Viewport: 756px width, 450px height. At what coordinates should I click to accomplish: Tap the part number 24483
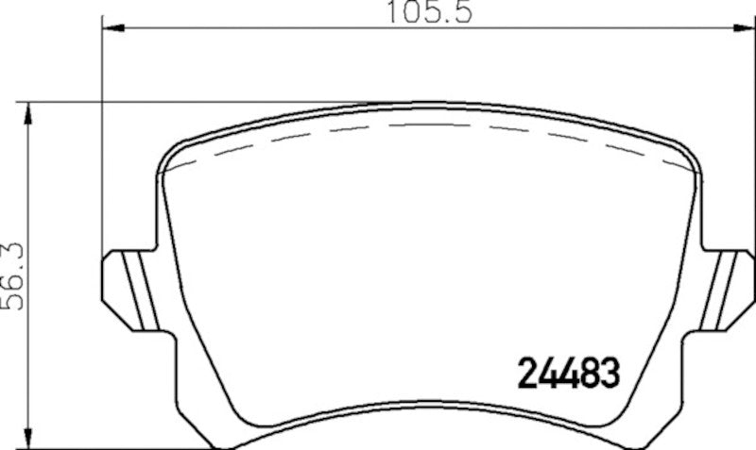click(565, 374)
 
